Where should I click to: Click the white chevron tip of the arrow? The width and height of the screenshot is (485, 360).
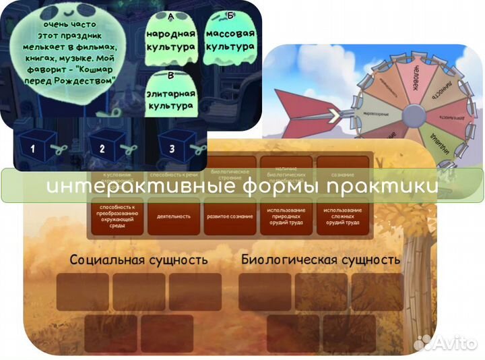pyautogui.click(x=333, y=116)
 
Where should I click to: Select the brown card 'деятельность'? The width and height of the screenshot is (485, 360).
pyautogui.click(x=173, y=216)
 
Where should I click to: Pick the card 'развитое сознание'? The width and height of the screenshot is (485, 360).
pyautogui.click(x=230, y=216)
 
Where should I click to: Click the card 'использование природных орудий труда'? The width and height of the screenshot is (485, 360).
pyautogui.click(x=287, y=216)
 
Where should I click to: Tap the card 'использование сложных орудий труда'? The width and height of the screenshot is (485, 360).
pyautogui.click(x=344, y=216)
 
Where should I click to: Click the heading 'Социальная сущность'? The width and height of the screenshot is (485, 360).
pyautogui.click(x=139, y=260)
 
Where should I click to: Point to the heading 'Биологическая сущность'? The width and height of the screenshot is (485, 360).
pyautogui.click(x=321, y=260)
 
